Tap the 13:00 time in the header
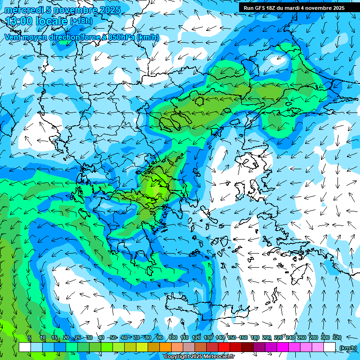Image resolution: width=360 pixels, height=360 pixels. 19,21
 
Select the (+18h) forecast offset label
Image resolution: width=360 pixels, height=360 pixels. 81,21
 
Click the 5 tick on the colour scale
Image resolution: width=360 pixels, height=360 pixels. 30,337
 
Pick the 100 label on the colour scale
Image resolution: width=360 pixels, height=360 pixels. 172,337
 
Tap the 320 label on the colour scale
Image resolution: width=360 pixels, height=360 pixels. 337,337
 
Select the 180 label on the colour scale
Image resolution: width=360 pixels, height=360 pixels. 255,337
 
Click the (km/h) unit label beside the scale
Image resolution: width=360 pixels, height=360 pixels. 347,347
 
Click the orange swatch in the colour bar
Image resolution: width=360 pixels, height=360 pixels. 165,347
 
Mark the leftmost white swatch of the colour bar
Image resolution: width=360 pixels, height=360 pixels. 25,347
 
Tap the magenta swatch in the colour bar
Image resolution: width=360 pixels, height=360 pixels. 283,347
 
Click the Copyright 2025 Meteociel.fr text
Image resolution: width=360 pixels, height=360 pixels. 199,357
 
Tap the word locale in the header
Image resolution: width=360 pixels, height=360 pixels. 51,21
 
